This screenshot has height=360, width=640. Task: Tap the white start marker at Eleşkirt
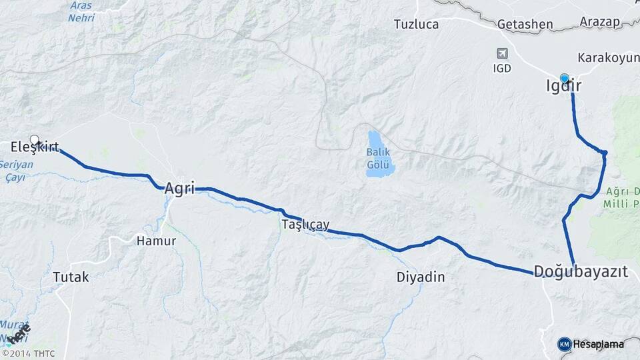[35, 140]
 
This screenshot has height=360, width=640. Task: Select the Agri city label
[179, 189]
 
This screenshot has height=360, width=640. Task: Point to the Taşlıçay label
[305, 225]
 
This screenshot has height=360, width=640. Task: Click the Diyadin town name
[420, 277]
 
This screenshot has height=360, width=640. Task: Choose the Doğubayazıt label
[581, 271]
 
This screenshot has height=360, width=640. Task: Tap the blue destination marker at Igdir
[565, 78]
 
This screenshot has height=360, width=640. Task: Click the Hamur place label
[156, 241]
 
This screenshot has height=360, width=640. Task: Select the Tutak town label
[71, 277]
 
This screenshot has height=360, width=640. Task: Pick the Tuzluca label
[416, 25]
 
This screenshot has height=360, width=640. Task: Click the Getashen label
[525, 25]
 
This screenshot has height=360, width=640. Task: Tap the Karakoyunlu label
[608, 58]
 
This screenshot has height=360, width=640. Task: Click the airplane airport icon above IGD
[502, 53]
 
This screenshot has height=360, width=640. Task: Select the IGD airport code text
[502, 68]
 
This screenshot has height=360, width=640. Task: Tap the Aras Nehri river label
[81, 12]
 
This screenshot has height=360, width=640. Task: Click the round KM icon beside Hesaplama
[564, 344]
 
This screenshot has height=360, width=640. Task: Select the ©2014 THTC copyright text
[28, 353]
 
